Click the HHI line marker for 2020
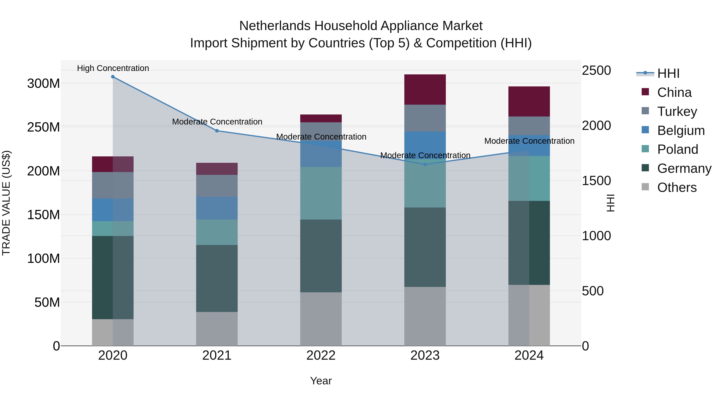point(113,77)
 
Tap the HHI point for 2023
point(425,164)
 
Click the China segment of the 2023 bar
point(425,90)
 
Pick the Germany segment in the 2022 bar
point(321,256)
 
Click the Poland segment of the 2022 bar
point(321,193)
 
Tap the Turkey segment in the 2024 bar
point(529,126)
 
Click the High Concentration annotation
point(113,68)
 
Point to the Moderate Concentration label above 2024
point(529,141)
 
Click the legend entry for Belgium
point(680,131)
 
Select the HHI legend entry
point(668,73)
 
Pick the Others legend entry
point(677,187)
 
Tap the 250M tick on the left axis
point(44,127)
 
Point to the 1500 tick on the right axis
point(596,181)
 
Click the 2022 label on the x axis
point(321,355)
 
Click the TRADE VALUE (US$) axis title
point(6,203)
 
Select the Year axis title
point(321,381)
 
